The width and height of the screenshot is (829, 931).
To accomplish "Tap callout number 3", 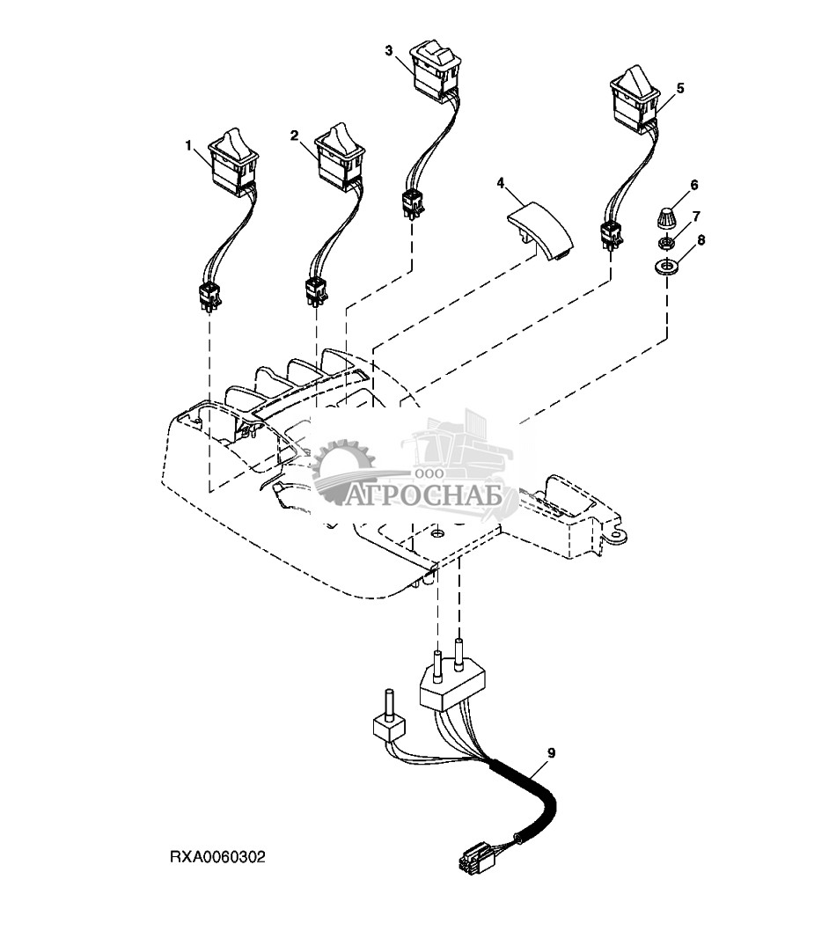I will click(389, 50).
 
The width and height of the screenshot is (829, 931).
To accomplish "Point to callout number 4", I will click(500, 183).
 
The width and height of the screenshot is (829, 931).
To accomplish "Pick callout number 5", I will click(679, 88).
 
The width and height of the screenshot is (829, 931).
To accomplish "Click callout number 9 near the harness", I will click(552, 752).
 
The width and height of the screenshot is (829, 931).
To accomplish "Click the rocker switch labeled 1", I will click(232, 163).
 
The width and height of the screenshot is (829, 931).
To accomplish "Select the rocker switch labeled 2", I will click(339, 157).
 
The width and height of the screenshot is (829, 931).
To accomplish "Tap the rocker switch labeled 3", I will click(436, 68).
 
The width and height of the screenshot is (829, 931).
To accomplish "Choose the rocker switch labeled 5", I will click(632, 97).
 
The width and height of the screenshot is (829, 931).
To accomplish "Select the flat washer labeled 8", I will click(666, 267).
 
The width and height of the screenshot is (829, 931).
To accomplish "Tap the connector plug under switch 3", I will click(411, 203).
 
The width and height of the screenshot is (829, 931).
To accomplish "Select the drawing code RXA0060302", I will click(216, 855).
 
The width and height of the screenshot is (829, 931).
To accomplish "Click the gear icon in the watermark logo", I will click(345, 472).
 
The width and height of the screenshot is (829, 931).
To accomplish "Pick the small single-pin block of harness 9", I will click(386, 727).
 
